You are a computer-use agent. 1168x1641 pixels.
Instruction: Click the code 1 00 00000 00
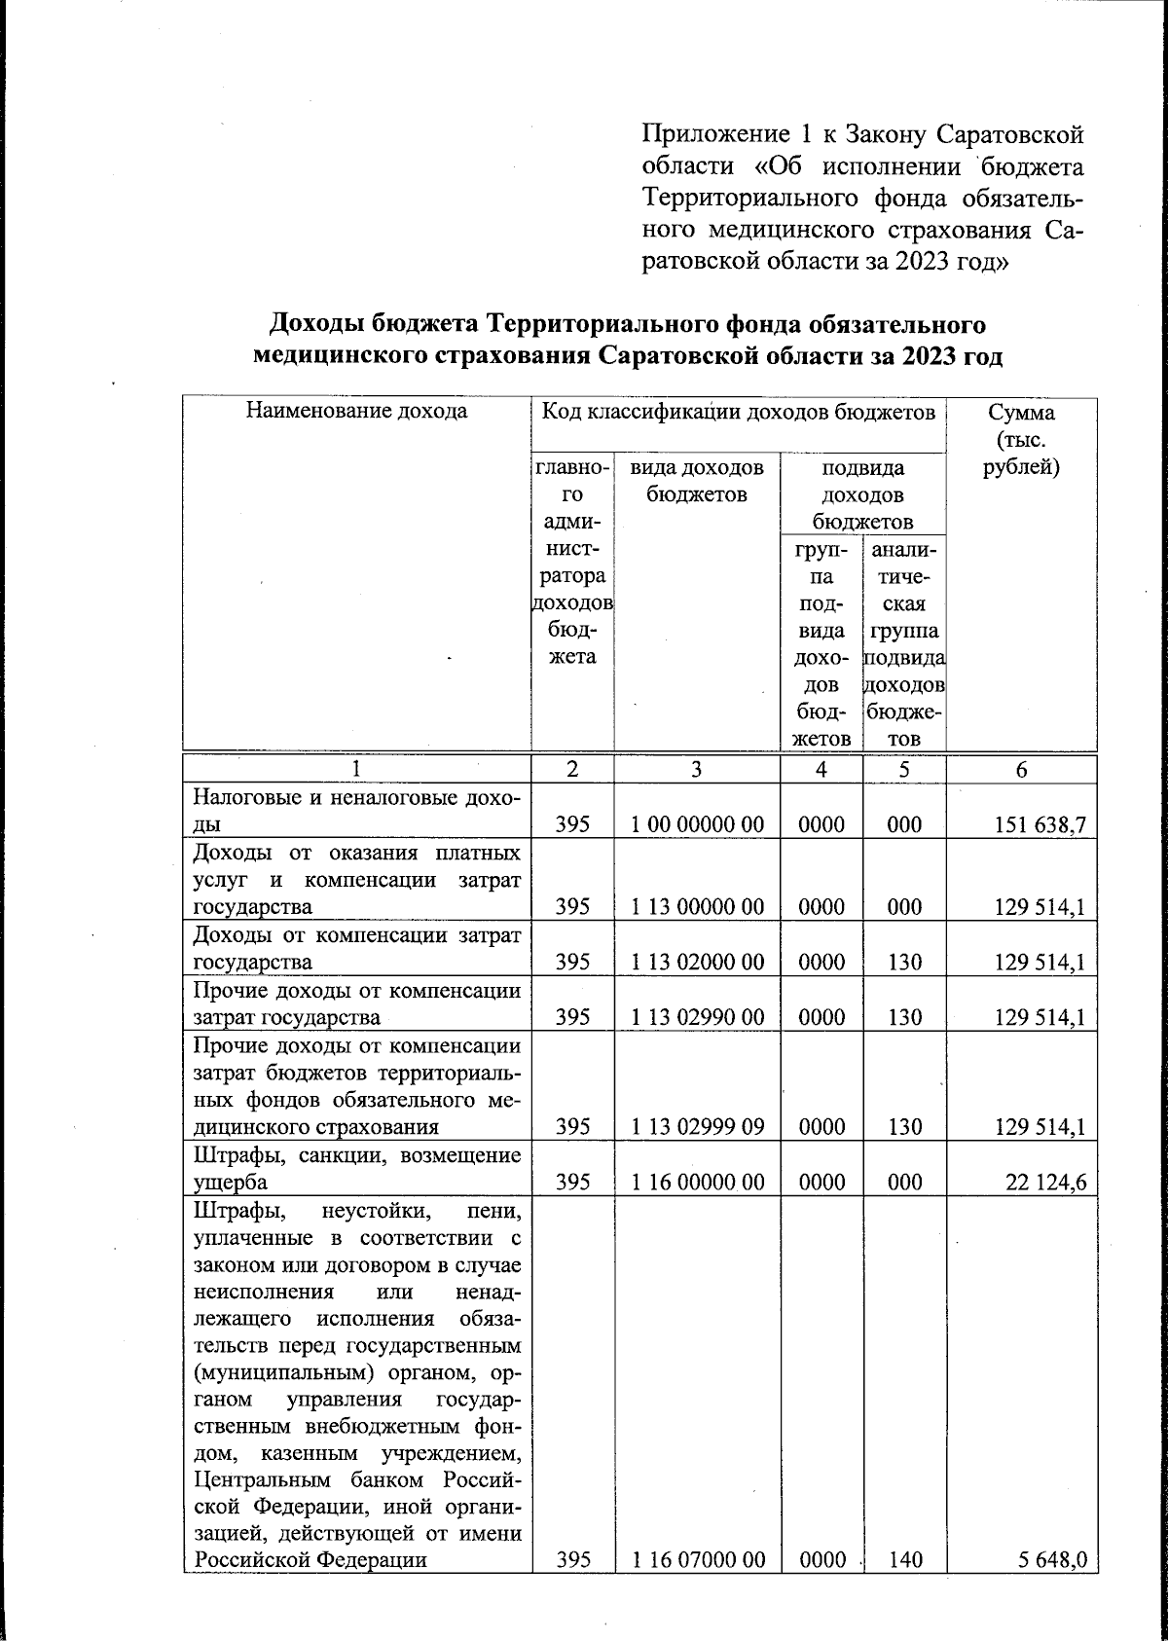pyautogui.click(x=696, y=825)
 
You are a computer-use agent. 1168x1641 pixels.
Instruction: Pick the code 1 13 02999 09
pyautogui.click(x=696, y=1127)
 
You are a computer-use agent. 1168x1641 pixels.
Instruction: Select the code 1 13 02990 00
pyautogui.click(x=696, y=1018)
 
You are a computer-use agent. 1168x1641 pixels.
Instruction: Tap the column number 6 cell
pyautogui.click(x=1021, y=769)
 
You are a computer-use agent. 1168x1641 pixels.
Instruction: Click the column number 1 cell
pyautogui.click(x=357, y=769)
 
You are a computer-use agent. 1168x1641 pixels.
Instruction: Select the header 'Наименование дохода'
pyautogui.click(x=356, y=412)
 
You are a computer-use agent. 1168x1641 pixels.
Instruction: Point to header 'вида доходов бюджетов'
pyautogui.click(x=696, y=481)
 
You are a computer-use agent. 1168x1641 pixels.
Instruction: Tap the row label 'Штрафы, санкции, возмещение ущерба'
pyautogui.click(x=356, y=1169)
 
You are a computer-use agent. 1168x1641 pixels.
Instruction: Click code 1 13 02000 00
pyautogui.click(x=696, y=963)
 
